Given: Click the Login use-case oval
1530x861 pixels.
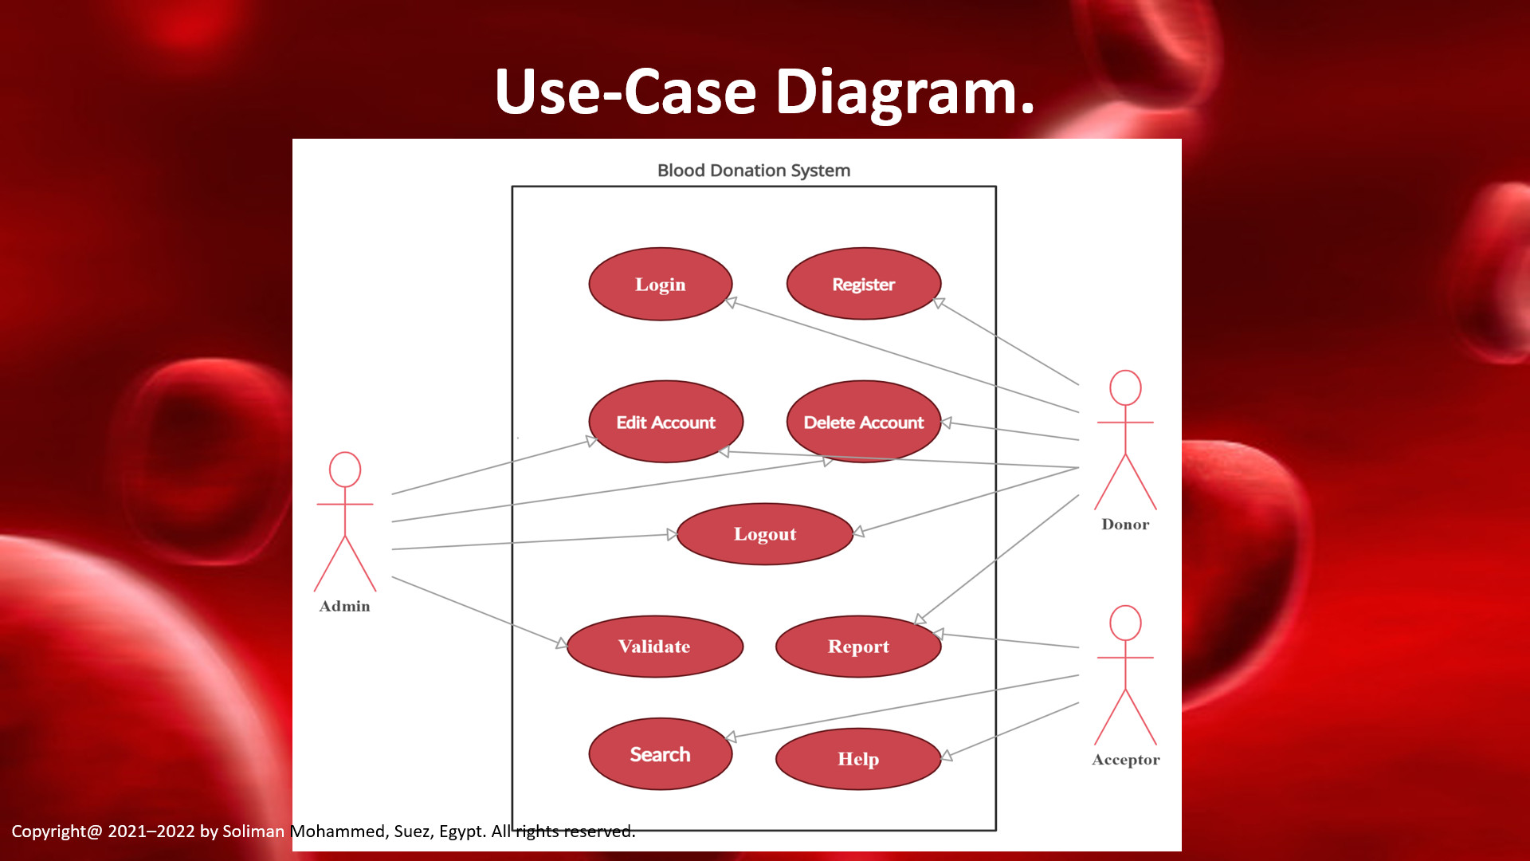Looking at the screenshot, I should point(660,285).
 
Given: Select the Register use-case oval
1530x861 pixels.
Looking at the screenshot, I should point(863,285).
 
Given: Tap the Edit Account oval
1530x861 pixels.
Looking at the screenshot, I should point(665,422).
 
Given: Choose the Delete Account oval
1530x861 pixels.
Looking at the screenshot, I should point(863,422).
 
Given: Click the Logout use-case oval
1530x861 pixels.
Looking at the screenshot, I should point(764,534).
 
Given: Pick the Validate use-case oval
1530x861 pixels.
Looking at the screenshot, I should point(654,647).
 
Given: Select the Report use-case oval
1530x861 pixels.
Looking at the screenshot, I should point(857,647).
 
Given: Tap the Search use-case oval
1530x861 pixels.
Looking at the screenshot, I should point(660,754).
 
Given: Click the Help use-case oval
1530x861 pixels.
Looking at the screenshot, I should point(857,759).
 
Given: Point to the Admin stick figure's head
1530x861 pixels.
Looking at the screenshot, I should point(345,470).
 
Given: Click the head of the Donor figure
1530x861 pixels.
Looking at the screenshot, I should point(1125,387).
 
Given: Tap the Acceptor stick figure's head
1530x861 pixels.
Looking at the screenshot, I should point(1125,623).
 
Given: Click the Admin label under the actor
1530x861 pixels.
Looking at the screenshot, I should point(344,606).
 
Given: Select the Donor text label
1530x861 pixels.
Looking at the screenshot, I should point(1125,525).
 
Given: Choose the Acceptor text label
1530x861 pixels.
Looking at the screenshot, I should point(1125,760).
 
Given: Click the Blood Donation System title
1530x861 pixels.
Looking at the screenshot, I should point(753,171).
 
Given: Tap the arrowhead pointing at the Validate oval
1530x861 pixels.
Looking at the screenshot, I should point(562,643).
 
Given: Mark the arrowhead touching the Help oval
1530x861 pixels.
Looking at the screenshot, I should point(947,755).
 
